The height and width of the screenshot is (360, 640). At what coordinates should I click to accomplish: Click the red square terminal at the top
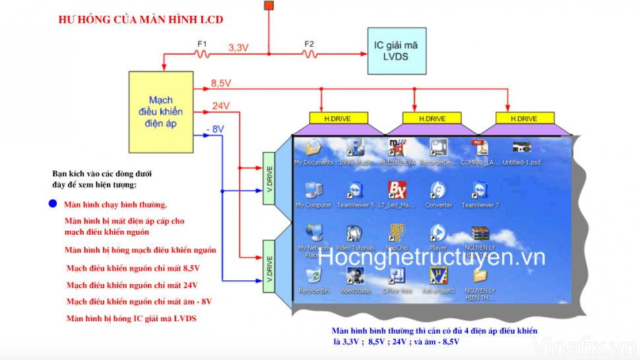click(x=269, y=6)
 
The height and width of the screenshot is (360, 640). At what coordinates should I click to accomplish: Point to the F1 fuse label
click(x=202, y=44)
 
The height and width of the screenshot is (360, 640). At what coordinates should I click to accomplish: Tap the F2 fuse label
click(x=309, y=44)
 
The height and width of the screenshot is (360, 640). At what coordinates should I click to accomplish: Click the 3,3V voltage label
click(x=239, y=47)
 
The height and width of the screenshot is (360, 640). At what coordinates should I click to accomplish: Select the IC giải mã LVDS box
click(x=396, y=51)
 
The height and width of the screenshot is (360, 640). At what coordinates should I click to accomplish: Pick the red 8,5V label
click(x=220, y=84)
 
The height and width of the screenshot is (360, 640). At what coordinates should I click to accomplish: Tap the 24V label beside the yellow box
click(x=220, y=105)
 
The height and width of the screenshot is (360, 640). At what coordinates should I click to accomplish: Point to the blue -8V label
click(x=215, y=129)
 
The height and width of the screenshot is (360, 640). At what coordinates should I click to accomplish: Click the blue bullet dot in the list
click(x=53, y=204)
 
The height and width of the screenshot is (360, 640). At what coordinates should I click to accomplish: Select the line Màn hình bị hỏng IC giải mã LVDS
click(x=131, y=318)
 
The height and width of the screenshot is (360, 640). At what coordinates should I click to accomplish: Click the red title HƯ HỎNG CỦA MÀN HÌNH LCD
click(x=141, y=20)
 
